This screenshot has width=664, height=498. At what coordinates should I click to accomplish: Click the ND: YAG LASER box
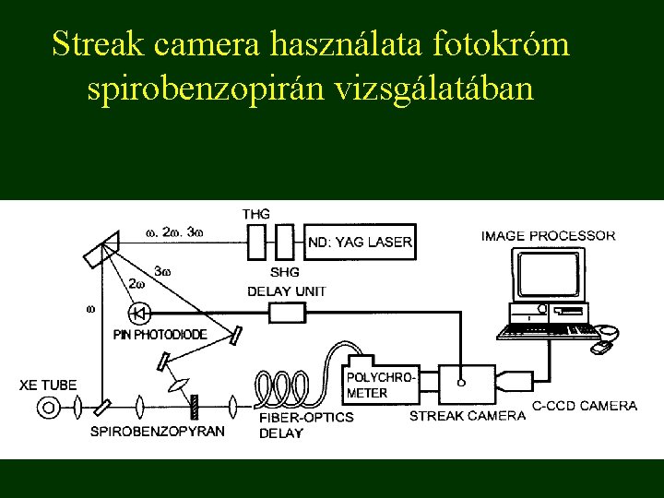pyautogui.click(x=360, y=243)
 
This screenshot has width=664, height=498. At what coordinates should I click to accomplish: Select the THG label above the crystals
pyautogui.click(x=255, y=214)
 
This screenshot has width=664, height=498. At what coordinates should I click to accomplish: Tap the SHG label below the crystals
pyautogui.click(x=285, y=272)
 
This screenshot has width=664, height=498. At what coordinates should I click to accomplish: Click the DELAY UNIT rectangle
pyautogui.click(x=287, y=312)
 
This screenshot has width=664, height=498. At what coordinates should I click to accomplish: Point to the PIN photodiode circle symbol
pyautogui.click(x=140, y=312)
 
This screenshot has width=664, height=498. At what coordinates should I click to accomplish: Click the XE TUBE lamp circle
pyautogui.click(x=51, y=406)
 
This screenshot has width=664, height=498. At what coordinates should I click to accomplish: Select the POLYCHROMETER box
pyautogui.click(x=381, y=385)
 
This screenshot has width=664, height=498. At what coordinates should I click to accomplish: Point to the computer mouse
pyautogui.click(x=601, y=347)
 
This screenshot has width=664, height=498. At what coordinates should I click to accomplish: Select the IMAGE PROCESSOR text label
pyautogui.click(x=548, y=235)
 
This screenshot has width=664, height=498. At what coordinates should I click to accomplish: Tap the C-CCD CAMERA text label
pyautogui.click(x=585, y=406)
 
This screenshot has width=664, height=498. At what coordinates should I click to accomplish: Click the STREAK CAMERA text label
pyautogui.click(x=468, y=415)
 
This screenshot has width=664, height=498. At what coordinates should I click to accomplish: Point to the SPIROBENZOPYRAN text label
pyautogui.click(x=157, y=432)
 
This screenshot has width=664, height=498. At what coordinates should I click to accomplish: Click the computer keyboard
pyautogui.click(x=547, y=329)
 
